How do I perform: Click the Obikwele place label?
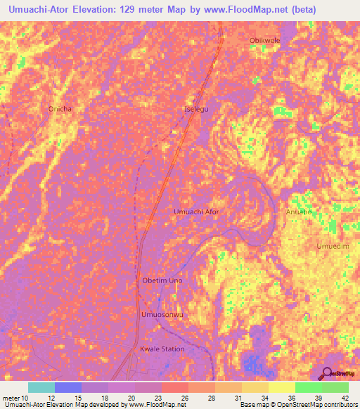(x=264, y=40)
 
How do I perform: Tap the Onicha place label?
(x=60, y=109)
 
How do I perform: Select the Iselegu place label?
(x=197, y=110)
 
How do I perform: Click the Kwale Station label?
(x=162, y=349)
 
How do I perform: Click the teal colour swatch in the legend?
(x=41, y=387)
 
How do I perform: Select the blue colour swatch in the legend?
(x=67, y=387)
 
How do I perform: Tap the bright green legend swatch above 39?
(x=308, y=387)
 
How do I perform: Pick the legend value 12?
(x=50, y=398)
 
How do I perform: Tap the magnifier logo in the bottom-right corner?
(x=327, y=373)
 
